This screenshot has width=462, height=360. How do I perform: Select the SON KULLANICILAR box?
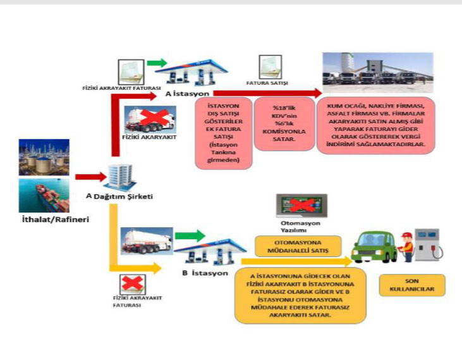point(413,285)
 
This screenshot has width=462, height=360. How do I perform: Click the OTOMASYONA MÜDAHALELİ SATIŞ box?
point(298,245)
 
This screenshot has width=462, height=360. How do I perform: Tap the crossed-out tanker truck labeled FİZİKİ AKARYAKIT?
point(150,120)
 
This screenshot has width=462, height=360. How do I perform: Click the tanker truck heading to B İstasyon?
point(146,240)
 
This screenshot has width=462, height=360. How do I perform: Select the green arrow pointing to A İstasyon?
point(158,63)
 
